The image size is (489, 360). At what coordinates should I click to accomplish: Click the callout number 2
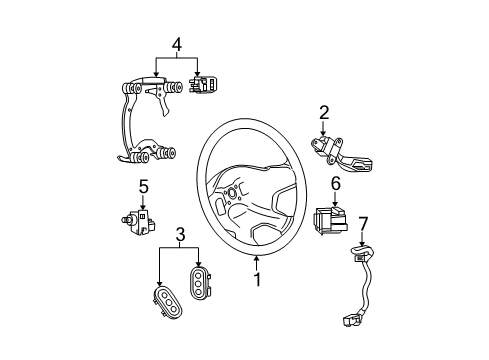click(324, 112)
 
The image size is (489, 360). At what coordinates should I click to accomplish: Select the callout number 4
click(176, 44)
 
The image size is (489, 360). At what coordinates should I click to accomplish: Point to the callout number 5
click(143, 186)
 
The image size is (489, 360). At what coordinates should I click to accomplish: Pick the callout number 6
click(336, 183)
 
